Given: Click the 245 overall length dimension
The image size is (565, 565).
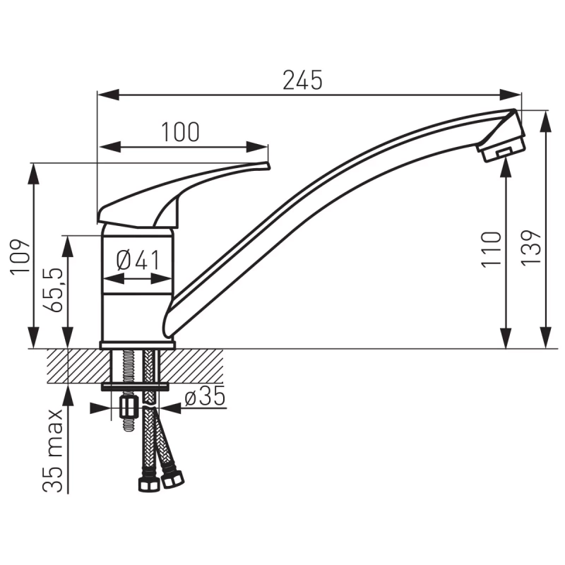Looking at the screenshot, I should (302, 81).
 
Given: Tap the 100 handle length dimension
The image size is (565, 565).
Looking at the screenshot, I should (180, 131).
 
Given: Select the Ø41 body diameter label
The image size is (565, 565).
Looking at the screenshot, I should (138, 260).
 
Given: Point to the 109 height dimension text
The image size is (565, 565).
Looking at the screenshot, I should (21, 256).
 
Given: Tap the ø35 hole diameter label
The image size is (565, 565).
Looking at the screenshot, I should (204, 398).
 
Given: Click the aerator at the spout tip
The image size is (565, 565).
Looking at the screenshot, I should (502, 150).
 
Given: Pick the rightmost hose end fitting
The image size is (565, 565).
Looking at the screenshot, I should (172, 480).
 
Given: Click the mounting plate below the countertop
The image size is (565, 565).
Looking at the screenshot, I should (136, 386).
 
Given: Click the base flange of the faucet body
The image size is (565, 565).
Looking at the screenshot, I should (137, 345).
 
